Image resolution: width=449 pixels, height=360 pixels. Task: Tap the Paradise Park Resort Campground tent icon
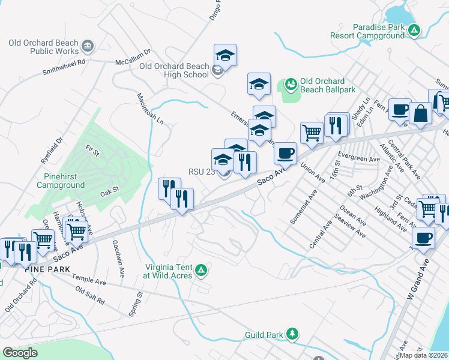click(415, 30)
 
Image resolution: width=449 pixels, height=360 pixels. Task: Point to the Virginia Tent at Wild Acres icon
click(202, 271)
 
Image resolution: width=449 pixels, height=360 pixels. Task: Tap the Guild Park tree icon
click(292, 334)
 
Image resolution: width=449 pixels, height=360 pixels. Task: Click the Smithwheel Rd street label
click(64, 66)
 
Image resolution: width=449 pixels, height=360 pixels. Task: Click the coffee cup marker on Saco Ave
click(286, 152)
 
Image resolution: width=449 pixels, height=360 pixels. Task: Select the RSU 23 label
click(202, 172)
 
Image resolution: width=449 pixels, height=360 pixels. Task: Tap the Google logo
click(20, 353)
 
